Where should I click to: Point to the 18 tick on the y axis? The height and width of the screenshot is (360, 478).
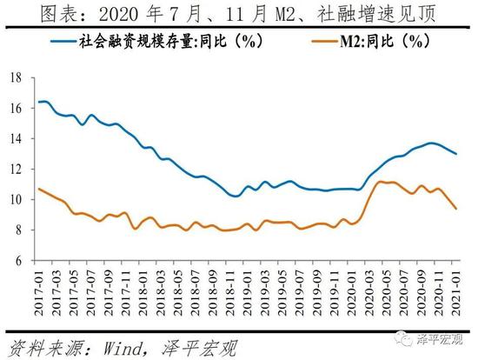tap(16, 77)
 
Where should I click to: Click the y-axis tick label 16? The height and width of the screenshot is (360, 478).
tap(16, 108)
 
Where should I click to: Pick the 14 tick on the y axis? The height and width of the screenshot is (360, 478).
tap(16, 138)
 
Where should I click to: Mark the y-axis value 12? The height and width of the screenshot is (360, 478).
tap(16, 169)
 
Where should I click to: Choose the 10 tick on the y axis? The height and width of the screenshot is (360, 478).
tap(16, 199)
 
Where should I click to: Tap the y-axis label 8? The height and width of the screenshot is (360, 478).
tap(18, 230)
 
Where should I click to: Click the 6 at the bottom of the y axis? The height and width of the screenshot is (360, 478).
tap(18, 260)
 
